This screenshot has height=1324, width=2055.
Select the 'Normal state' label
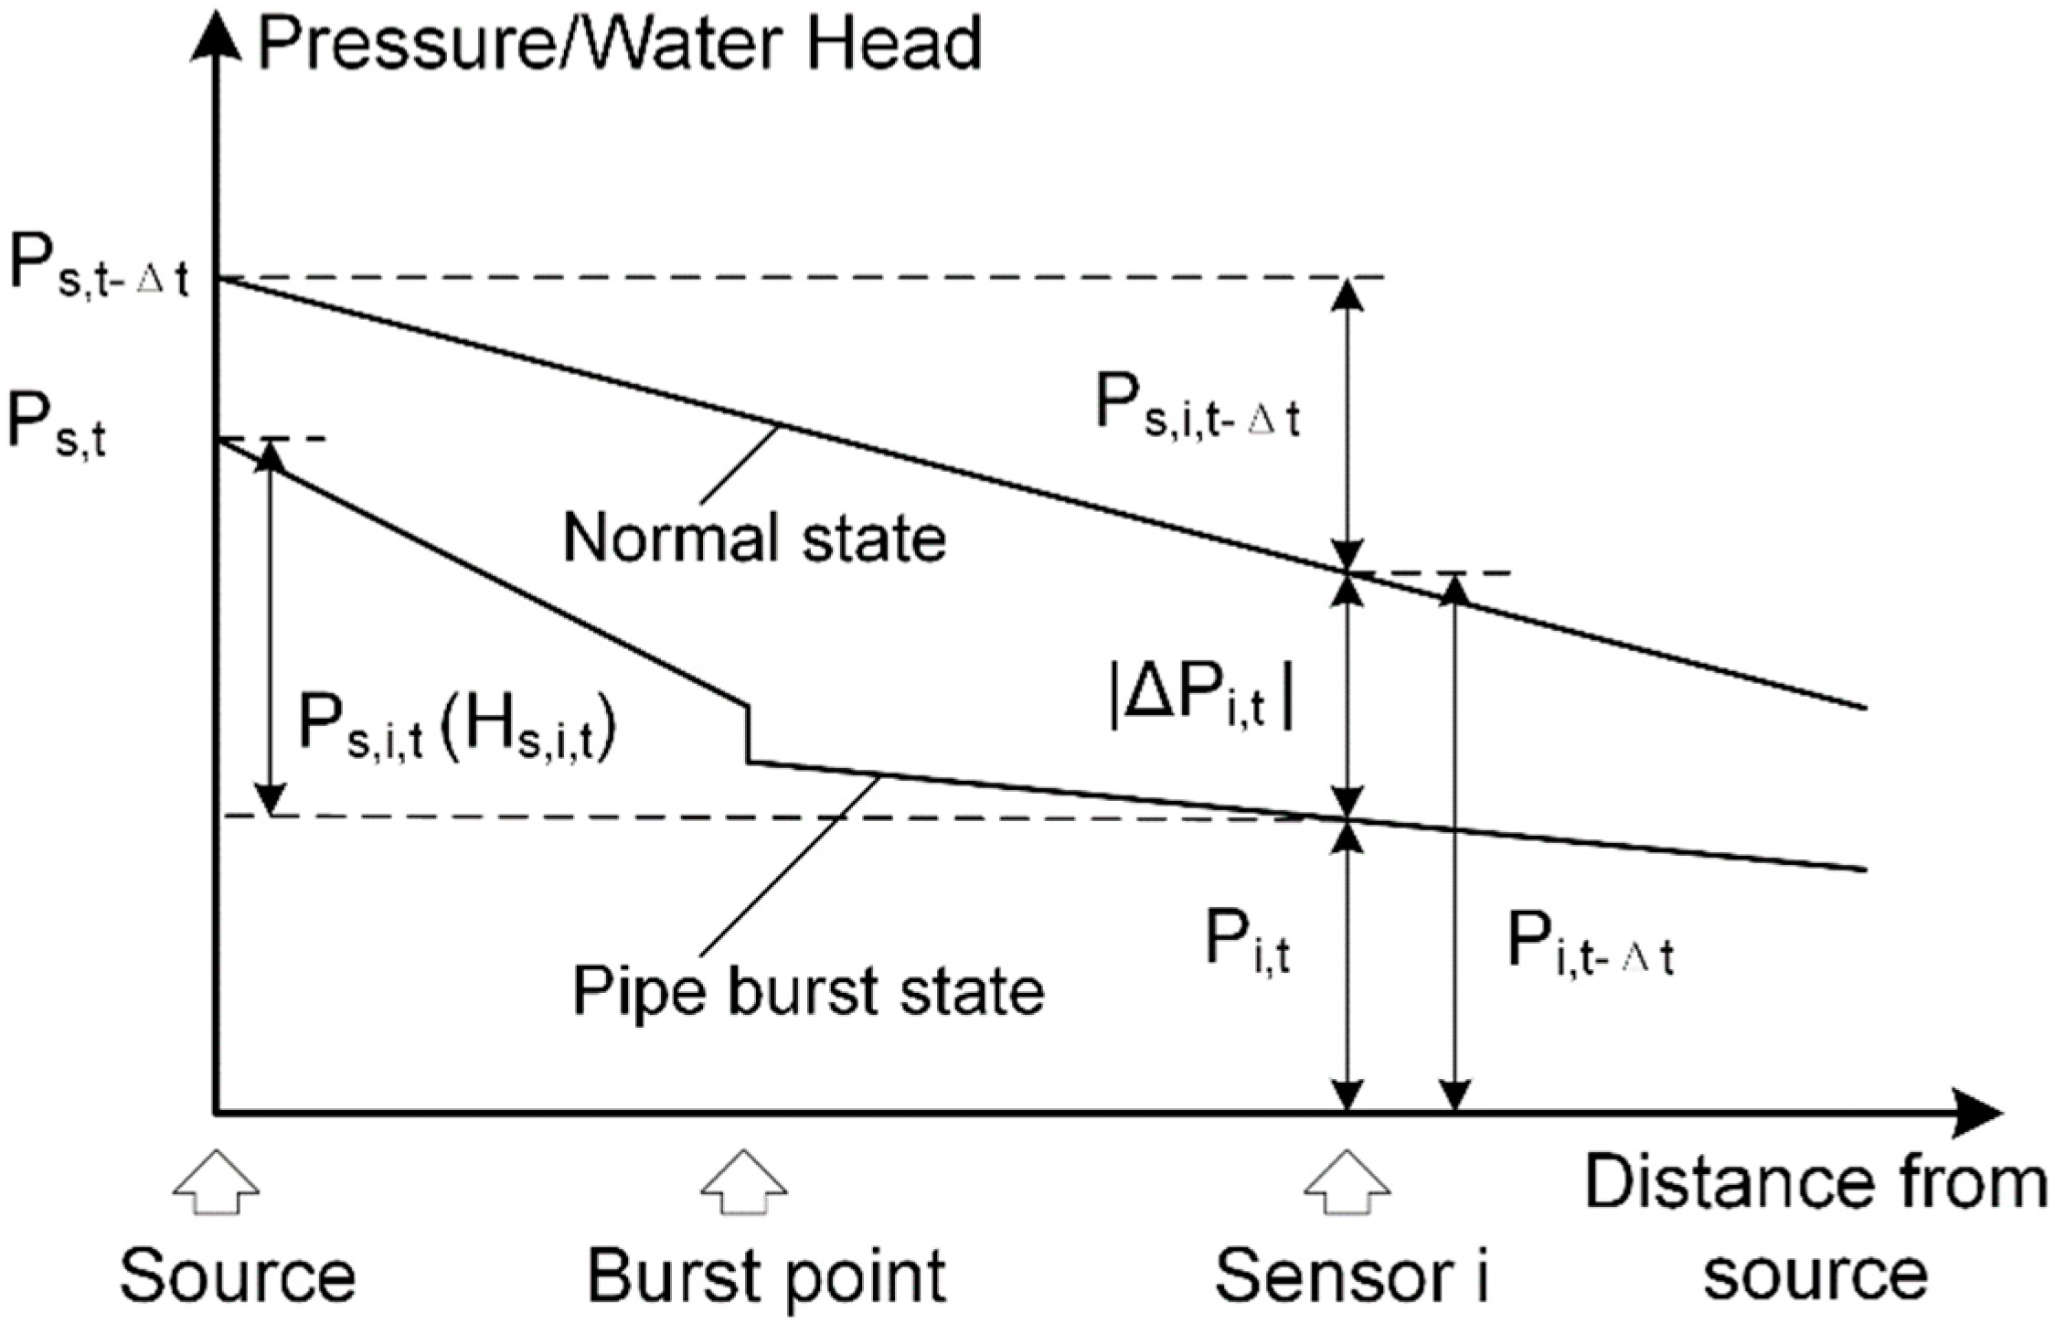pos(754,538)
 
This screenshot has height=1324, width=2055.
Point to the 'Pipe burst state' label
pos(808,990)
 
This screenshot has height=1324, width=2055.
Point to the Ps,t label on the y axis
pos(57,426)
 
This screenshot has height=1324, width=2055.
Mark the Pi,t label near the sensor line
pos(1247,942)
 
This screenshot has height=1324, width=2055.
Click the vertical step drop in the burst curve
pos(748,733)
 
